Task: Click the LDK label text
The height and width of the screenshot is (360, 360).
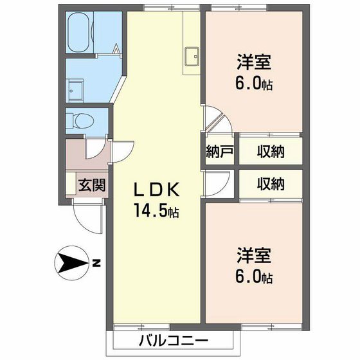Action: (x=159, y=190)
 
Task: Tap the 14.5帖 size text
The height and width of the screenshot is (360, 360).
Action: (x=156, y=210)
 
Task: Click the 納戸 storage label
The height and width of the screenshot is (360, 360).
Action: (x=219, y=152)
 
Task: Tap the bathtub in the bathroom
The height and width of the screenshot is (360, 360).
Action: (x=80, y=31)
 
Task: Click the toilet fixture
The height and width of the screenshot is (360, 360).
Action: (x=82, y=120)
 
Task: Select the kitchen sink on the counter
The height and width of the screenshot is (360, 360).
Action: (x=192, y=57)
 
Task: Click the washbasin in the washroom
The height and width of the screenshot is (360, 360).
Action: (x=76, y=89)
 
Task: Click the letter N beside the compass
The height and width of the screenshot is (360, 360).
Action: (x=96, y=262)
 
